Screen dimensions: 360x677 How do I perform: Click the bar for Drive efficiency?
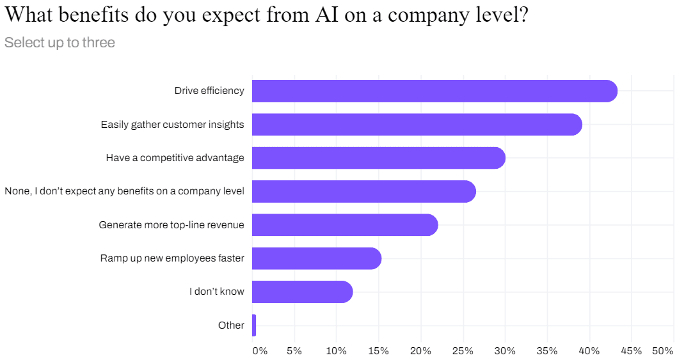pyautogui.click(x=434, y=91)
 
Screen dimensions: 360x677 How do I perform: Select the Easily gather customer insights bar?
pyautogui.click(x=417, y=125)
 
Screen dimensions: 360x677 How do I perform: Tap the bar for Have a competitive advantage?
pyautogui.click(x=378, y=158)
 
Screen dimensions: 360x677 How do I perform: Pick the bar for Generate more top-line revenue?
pyautogui.click(x=345, y=225)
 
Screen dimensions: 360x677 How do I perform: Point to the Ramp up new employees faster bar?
pyautogui.click(x=317, y=258)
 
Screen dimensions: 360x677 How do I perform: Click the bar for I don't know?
pyautogui.click(x=302, y=292)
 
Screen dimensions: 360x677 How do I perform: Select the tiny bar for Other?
pyautogui.click(x=254, y=325)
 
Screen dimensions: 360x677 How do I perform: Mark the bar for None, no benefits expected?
pyautogui.click(x=363, y=191)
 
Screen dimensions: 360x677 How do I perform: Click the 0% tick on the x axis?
pyautogui.click(x=260, y=351)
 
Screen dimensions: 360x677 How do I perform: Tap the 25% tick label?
pyautogui.click(x=463, y=351)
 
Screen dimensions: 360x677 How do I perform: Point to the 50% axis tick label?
pyautogui.click(x=662, y=351)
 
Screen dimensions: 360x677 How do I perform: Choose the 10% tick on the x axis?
pyautogui.click(x=336, y=351)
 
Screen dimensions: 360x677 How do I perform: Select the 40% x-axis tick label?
pyautogui.click(x=589, y=351)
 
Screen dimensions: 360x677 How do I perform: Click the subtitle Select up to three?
pyautogui.click(x=60, y=43)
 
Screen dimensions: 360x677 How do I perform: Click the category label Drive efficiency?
pyautogui.click(x=209, y=91)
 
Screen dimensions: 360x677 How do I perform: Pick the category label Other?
pyautogui.click(x=231, y=325)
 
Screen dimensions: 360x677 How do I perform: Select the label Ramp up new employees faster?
pyautogui.click(x=172, y=258)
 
